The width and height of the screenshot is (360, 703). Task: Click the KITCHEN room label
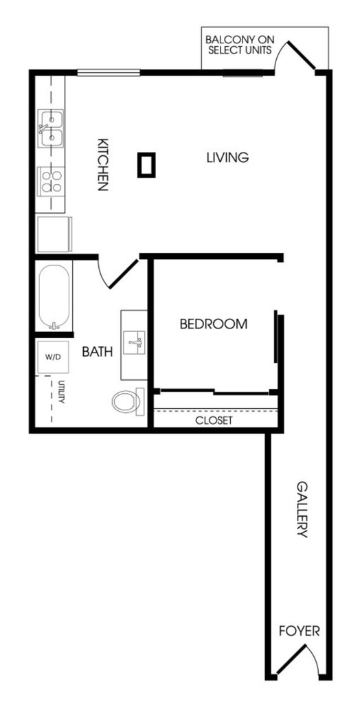click(x=102, y=164)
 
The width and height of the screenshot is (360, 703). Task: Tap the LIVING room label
click(x=227, y=158)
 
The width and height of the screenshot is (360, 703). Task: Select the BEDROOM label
click(x=214, y=324)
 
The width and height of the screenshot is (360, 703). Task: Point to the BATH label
click(x=98, y=352)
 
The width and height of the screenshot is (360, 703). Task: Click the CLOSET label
click(x=214, y=421)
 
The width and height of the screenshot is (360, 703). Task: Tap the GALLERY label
click(x=302, y=510)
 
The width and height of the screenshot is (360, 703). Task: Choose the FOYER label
click(x=300, y=632)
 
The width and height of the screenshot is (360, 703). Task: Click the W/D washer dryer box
click(x=53, y=357)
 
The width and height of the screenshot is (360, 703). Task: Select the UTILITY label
click(x=61, y=392)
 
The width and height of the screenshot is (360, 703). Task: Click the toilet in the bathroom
click(x=128, y=401)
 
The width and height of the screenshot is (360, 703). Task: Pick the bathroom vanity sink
click(x=134, y=344)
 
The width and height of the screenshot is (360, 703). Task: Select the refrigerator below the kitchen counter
click(x=54, y=234)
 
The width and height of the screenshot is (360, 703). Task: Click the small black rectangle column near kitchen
click(x=146, y=165)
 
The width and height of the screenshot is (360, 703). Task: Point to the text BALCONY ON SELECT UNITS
click(x=240, y=45)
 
